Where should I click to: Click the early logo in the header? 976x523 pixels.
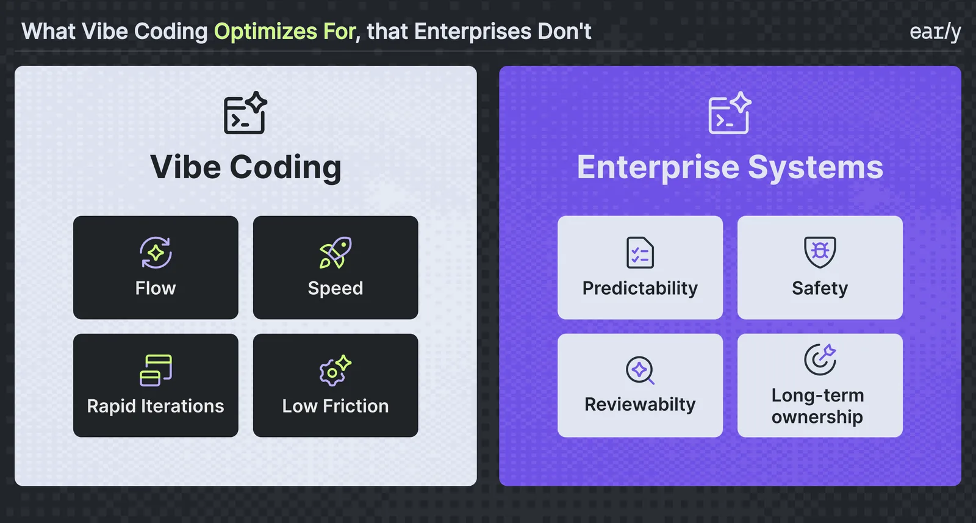click(x=935, y=32)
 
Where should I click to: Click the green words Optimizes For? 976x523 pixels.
click(x=285, y=31)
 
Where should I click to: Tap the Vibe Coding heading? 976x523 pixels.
click(x=246, y=167)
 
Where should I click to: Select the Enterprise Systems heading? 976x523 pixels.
click(x=730, y=167)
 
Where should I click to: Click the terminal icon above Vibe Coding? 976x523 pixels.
click(x=245, y=113)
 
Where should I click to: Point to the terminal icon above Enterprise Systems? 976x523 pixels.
click(x=730, y=113)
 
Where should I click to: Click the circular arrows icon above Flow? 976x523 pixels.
click(x=156, y=253)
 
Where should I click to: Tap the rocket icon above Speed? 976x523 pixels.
click(x=335, y=253)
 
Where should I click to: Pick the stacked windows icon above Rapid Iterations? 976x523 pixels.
click(x=156, y=370)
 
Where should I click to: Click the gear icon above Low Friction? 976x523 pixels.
click(x=335, y=370)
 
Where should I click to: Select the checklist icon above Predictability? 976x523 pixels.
click(x=640, y=253)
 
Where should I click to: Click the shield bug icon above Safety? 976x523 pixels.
click(x=820, y=253)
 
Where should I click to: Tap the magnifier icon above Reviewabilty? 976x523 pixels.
click(x=640, y=370)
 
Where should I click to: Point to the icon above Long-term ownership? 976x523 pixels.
click(x=820, y=360)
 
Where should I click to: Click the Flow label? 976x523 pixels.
click(x=156, y=288)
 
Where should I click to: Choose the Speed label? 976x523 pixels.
click(x=335, y=289)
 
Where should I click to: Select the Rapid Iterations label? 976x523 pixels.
click(x=156, y=406)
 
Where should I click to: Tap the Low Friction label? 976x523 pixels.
click(x=335, y=406)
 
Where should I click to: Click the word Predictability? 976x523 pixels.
click(x=640, y=289)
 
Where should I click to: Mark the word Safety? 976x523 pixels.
click(x=820, y=289)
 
